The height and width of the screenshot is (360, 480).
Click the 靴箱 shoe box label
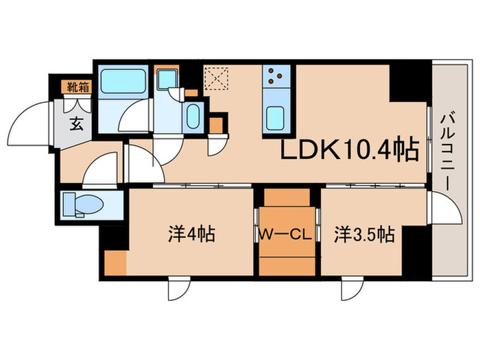tap(77, 86)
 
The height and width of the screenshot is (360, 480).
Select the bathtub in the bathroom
tap(123, 85)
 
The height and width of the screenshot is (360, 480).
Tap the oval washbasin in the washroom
tap(192, 117)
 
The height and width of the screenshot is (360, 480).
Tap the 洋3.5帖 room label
tap(363, 235)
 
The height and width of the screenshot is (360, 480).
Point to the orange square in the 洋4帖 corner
tap(115, 263)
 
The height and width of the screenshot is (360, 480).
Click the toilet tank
tap(69, 204)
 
